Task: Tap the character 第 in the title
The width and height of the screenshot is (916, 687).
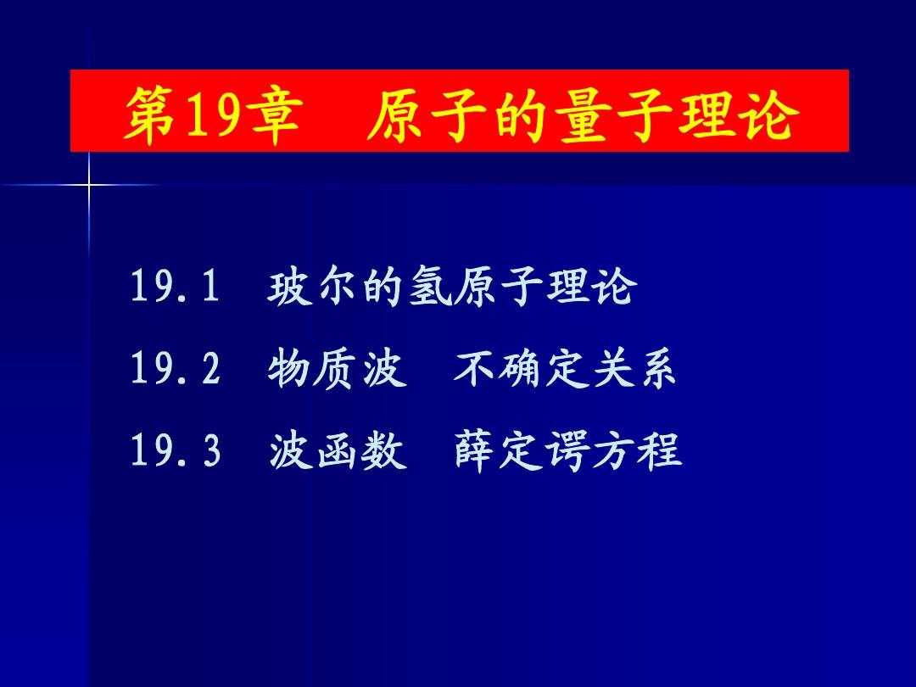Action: point(151,112)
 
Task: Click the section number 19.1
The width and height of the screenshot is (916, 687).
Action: point(175,286)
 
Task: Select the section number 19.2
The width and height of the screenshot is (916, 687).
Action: point(175,368)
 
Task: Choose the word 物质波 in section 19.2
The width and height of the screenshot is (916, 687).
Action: point(338,369)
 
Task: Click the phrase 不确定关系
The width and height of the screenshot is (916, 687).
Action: point(564,369)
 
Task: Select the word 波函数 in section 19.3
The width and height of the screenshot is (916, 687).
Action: point(338,450)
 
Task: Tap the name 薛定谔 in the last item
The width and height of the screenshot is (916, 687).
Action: point(521,450)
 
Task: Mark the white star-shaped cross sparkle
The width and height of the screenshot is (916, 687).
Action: point(89,186)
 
